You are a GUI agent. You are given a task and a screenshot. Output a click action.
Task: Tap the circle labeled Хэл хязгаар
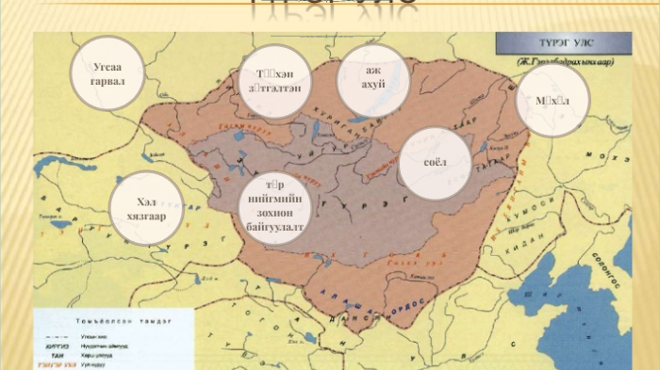pos(145,208)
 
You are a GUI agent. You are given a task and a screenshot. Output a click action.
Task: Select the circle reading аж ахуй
pos(372,79)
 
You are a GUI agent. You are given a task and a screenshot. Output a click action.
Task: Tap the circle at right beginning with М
pos(553,100)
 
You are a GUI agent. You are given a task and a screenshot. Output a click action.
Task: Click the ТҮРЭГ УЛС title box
pos(559,43)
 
